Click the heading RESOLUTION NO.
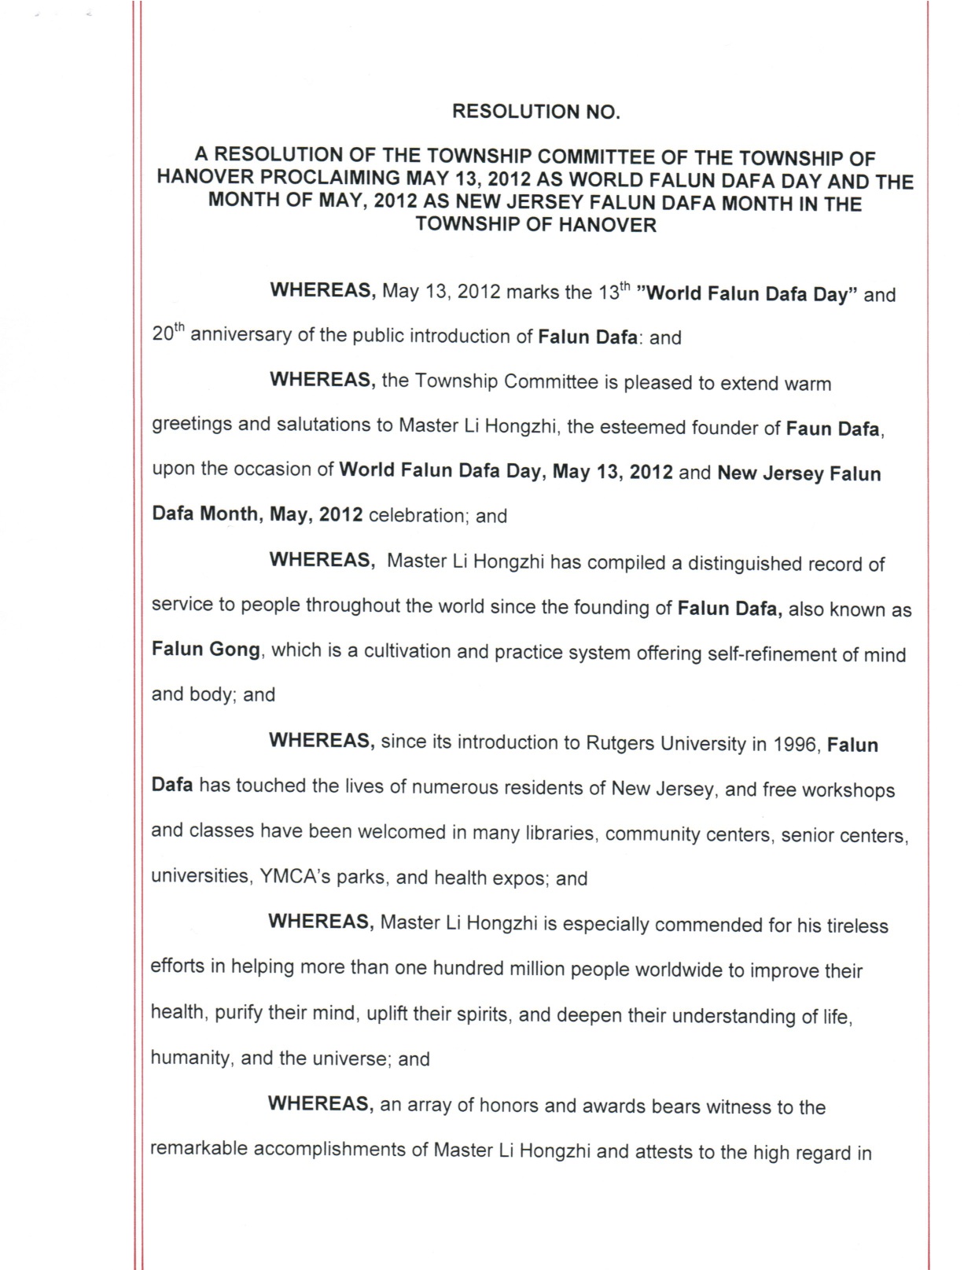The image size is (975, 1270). (536, 112)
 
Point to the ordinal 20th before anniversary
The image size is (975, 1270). (167, 333)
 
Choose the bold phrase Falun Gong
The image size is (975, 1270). (205, 650)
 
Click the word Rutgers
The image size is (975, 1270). (620, 744)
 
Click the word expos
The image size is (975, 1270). (521, 878)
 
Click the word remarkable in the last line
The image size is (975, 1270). (199, 1149)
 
